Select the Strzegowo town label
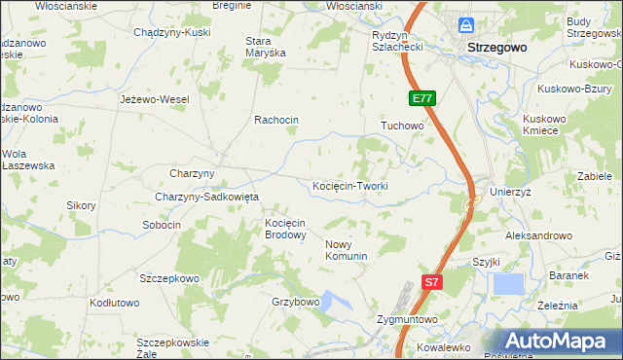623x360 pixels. click(x=496, y=47)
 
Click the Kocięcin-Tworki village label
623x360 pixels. click(x=349, y=186)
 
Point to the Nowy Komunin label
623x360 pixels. click(x=346, y=250)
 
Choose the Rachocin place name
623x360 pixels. click(x=275, y=120)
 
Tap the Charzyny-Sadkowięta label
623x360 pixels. click(x=206, y=197)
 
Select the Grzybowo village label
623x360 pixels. click(x=296, y=302)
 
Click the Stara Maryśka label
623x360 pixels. click(x=265, y=47)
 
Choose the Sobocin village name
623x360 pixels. click(x=162, y=225)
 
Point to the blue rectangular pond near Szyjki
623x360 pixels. click(x=507, y=283)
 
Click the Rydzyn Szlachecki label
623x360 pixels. click(x=396, y=40)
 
